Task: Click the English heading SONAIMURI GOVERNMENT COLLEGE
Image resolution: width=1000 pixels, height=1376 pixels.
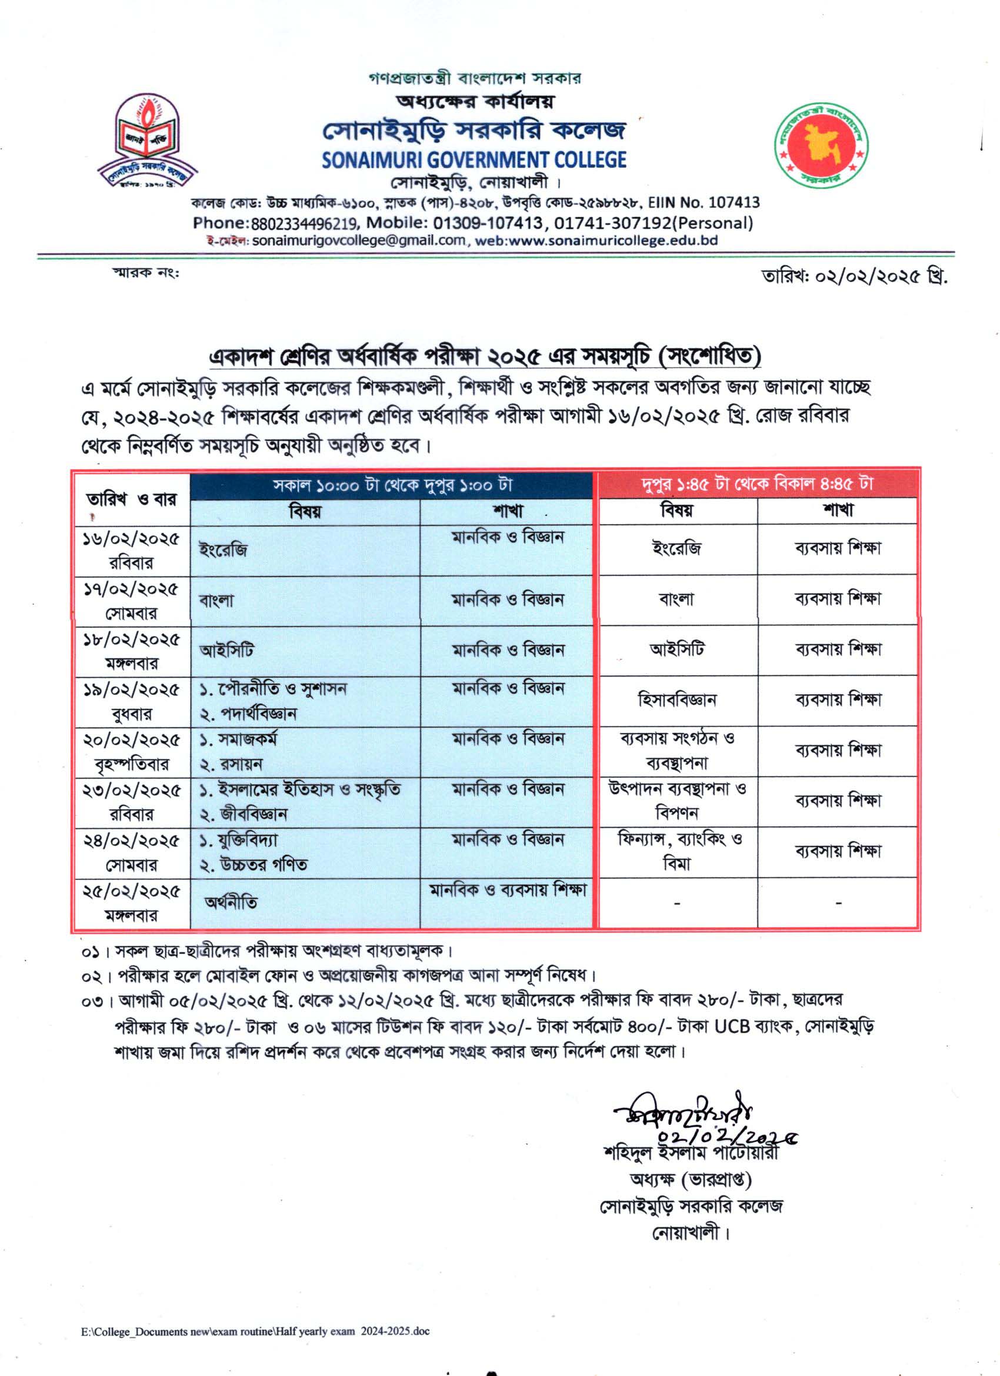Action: pos(474,159)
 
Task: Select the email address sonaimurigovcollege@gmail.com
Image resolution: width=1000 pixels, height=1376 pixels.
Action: pos(359,239)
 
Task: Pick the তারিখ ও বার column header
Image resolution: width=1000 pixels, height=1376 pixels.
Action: pos(131,500)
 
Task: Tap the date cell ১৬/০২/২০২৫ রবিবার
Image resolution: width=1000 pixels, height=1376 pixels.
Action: pos(131,550)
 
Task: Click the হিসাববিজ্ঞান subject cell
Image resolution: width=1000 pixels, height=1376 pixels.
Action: pos(677,700)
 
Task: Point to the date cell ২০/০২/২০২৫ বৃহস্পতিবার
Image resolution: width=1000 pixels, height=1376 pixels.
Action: pos(131,752)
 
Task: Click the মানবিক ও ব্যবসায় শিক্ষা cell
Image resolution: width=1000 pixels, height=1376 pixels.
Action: pos(507,890)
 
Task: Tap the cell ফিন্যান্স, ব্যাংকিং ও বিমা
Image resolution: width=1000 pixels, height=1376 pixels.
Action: pos(677,851)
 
